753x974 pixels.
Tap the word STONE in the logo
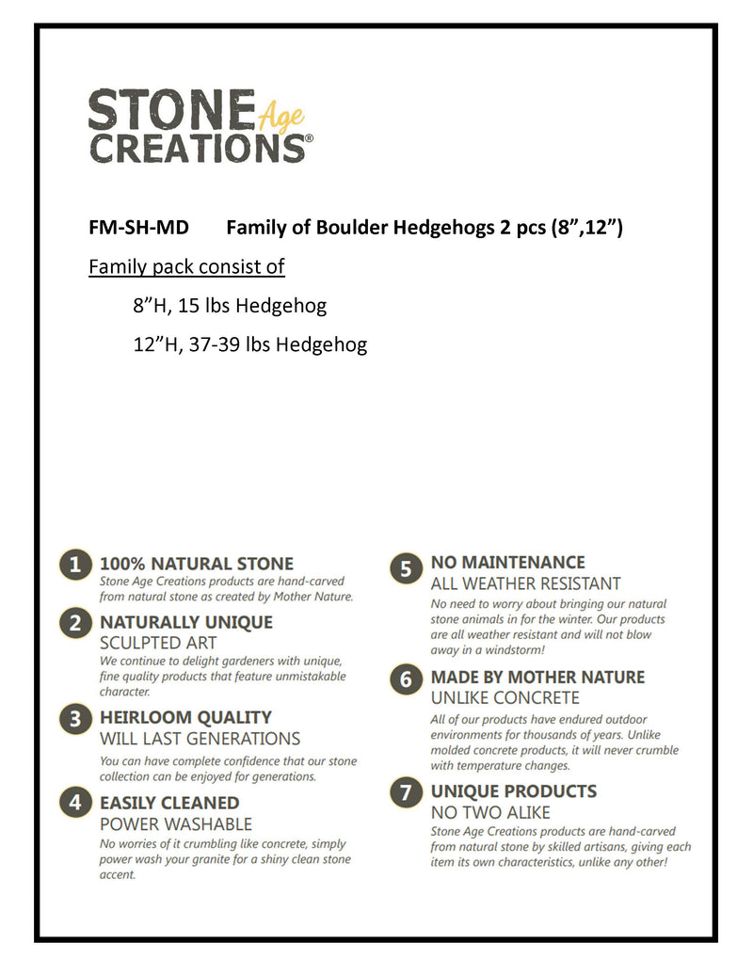pos(171,110)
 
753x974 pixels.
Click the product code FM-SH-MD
pos(138,228)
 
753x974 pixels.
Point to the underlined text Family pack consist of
pos(186,267)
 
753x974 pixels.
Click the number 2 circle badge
pos(74,622)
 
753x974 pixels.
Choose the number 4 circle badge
pos(74,803)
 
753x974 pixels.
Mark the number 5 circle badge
pos(406,567)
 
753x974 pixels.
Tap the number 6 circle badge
pos(406,679)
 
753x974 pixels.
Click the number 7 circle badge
pos(406,793)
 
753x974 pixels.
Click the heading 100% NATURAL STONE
pos(196,564)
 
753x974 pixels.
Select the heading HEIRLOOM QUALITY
pos(185,717)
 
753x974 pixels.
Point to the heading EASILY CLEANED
pos(169,803)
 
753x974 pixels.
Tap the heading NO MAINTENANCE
pos(507,563)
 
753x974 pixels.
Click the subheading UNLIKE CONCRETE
pos(505,698)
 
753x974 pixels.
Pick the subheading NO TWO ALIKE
pos(490,812)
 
